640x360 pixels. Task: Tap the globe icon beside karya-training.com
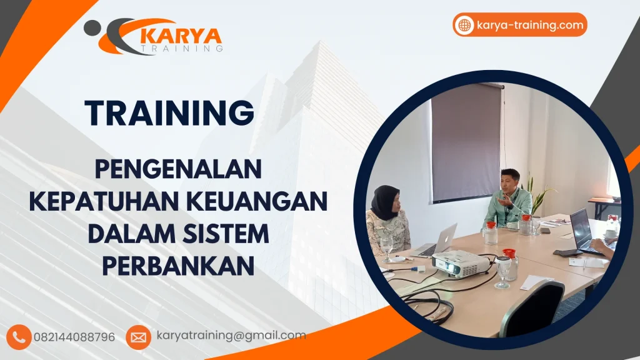(464, 25)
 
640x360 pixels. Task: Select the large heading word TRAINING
(169, 113)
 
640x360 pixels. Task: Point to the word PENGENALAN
(177, 169)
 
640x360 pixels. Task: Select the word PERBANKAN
(177, 266)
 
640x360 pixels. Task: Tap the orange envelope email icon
(138, 337)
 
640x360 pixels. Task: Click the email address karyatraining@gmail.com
(231, 336)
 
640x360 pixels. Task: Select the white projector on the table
(461, 263)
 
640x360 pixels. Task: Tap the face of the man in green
(509, 181)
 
